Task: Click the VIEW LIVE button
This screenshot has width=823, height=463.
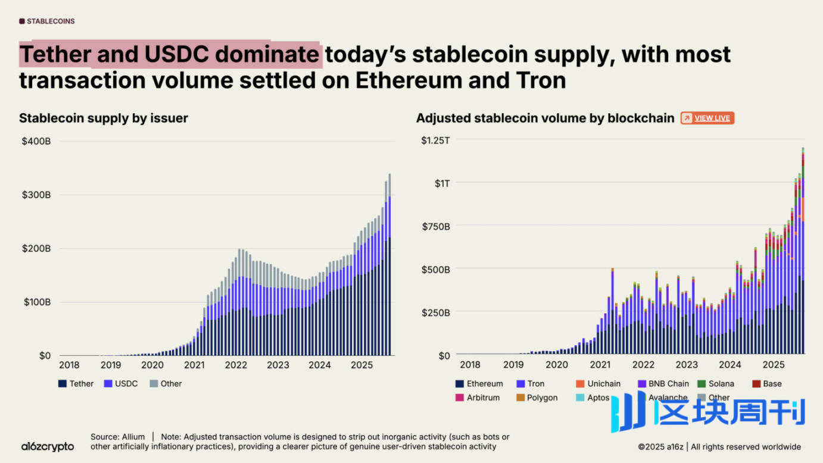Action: pyautogui.click(x=707, y=118)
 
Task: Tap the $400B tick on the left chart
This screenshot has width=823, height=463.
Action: pyautogui.click(x=37, y=141)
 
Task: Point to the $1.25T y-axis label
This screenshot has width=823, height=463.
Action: pyautogui.click(x=435, y=140)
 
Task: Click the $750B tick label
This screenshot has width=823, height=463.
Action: pyautogui.click(x=435, y=226)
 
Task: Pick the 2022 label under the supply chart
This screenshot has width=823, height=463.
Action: pyautogui.click(x=236, y=365)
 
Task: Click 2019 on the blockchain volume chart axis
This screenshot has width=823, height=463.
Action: pyautogui.click(x=513, y=365)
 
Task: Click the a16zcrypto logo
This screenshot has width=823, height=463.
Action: pyautogui.click(x=48, y=446)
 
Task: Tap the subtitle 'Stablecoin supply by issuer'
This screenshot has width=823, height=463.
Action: pyautogui.click(x=104, y=118)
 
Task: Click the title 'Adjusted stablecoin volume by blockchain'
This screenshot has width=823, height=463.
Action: pyautogui.click(x=545, y=118)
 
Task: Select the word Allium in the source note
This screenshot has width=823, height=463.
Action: pyautogui.click(x=133, y=437)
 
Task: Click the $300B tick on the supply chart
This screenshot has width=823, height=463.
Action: pyautogui.click(x=37, y=195)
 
